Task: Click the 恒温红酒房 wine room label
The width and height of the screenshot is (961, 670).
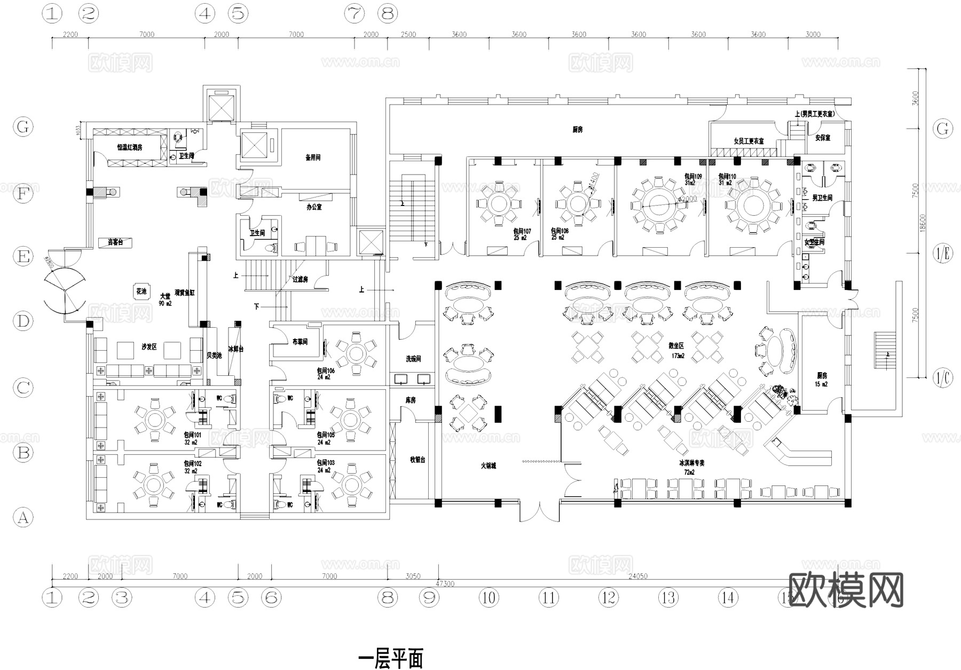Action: pos(130,147)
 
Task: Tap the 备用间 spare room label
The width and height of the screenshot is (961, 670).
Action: pos(313,158)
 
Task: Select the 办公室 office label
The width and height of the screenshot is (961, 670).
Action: pos(314,207)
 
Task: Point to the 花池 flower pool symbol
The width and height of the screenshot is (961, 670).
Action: pos(141,291)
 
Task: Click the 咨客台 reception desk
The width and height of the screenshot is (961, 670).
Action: pos(115,242)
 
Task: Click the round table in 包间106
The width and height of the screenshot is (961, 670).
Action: pos(355,354)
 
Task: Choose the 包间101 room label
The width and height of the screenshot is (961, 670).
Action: pos(192,435)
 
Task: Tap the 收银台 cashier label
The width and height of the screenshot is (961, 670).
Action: pos(418,460)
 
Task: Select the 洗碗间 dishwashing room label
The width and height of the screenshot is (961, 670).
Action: pos(413,359)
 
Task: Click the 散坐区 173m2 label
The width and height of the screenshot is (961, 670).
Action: pos(676,350)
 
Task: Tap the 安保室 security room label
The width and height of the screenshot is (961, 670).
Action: pos(823,138)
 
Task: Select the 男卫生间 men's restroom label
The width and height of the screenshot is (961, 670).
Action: pos(822,198)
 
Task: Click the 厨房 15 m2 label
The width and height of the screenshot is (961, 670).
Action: pos(821,379)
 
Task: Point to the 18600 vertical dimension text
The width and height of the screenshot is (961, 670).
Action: pos(923,222)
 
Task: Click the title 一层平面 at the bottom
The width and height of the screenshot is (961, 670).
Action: pos(391,659)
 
